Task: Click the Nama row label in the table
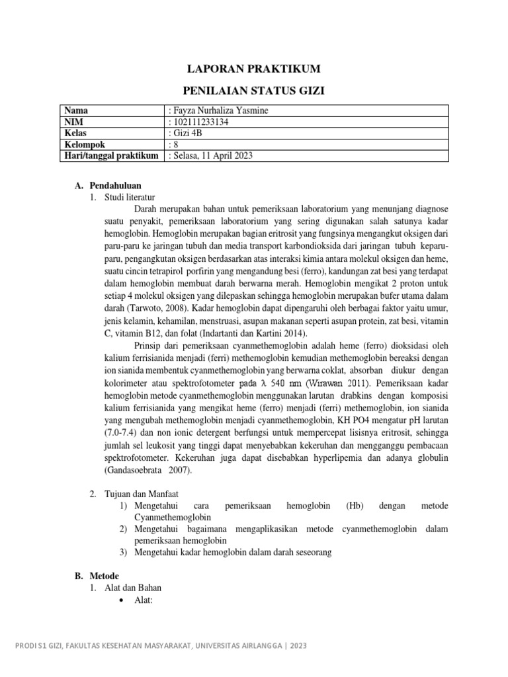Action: [75, 110]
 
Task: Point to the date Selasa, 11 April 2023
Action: [213, 155]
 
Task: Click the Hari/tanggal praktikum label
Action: [110, 155]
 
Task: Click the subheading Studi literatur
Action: [129, 197]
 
